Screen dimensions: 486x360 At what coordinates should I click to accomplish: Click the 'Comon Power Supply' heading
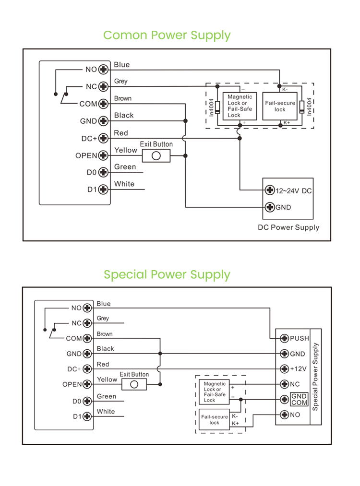167,35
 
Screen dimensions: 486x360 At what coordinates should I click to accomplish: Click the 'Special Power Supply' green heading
167,274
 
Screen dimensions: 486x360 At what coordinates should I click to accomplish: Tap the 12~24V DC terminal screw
270,190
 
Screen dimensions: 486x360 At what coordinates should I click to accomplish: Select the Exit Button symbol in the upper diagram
156,155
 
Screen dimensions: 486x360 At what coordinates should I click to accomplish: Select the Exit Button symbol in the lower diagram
134,384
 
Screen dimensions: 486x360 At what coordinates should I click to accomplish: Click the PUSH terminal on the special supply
284,338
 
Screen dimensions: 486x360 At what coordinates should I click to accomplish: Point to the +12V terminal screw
284,369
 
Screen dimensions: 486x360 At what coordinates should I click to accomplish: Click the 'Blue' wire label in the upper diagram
122,65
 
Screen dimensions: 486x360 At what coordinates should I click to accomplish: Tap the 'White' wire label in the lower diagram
106,412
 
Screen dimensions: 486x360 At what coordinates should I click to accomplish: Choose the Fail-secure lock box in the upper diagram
280,107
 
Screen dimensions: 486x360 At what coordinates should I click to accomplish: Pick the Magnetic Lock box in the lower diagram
215,392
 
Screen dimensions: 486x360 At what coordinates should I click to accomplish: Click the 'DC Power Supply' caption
288,227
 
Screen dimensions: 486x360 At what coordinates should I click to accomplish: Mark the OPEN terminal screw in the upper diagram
103,155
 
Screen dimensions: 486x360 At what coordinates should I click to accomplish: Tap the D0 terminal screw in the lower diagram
87,401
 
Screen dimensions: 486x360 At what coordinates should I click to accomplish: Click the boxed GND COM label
299,399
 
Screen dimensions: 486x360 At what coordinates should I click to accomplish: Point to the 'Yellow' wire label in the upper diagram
126,150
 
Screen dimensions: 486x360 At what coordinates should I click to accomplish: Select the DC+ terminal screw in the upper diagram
103,138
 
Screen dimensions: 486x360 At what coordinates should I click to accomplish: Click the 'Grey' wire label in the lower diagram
103,318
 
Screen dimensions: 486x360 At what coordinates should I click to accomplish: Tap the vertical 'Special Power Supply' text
315,376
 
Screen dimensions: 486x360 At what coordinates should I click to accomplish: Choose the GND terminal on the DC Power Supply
270,207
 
